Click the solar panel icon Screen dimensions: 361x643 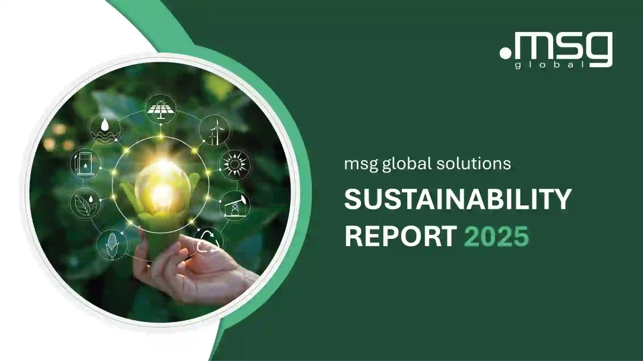161,108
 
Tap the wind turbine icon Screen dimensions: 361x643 214,130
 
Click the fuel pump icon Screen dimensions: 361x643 85,164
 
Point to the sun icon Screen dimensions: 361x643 234,165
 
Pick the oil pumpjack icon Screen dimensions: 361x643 235,206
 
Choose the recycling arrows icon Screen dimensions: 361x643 208,242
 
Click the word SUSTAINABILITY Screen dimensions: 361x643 457,199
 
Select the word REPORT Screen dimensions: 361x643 401,236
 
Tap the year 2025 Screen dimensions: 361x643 496,236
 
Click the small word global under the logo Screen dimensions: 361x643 550,65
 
